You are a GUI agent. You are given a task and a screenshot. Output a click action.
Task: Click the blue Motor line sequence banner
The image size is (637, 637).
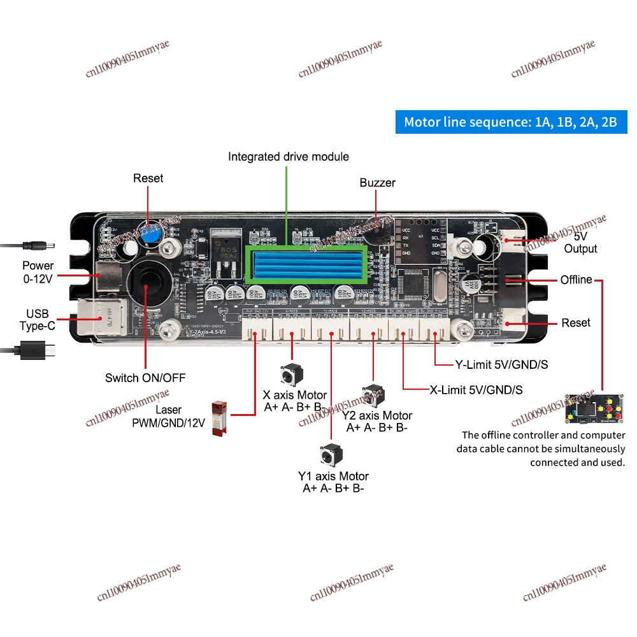click(511, 122)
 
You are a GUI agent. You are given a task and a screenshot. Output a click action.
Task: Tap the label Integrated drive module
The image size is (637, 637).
click(289, 156)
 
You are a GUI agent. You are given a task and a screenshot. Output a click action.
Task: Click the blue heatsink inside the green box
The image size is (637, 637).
click(306, 266)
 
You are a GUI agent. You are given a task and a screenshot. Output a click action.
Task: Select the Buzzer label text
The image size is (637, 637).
click(377, 183)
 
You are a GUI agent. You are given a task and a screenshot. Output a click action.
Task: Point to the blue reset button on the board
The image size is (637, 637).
click(150, 234)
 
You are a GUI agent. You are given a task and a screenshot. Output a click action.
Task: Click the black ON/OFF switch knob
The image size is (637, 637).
click(146, 281)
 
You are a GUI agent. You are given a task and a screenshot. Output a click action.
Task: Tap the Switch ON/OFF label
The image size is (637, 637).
click(145, 378)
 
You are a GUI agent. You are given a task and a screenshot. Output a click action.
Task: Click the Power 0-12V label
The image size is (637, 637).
click(38, 271)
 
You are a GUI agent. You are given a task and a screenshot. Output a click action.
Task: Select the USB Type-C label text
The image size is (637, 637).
click(38, 320)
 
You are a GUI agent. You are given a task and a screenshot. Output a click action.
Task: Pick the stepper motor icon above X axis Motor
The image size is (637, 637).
click(290, 375)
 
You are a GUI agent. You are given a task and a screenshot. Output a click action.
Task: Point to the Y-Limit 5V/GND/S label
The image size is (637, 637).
click(501, 365)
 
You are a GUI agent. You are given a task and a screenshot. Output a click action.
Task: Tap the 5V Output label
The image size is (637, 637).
click(580, 243)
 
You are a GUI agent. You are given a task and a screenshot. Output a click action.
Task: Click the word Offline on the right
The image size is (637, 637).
click(576, 280)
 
